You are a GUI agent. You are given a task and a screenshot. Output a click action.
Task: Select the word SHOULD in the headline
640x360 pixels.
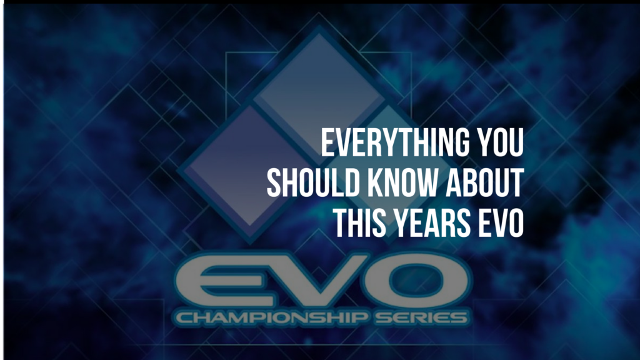pos(313,182)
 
